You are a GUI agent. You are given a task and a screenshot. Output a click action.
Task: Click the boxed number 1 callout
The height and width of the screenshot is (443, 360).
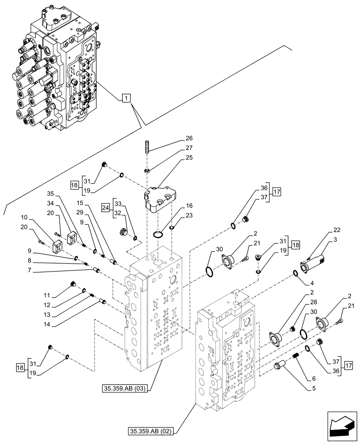(x=126, y=98)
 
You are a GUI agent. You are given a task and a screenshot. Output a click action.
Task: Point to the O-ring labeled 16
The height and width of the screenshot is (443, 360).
(x=159, y=233)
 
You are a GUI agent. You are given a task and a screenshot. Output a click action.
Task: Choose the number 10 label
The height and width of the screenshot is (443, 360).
(x=24, y=217)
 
